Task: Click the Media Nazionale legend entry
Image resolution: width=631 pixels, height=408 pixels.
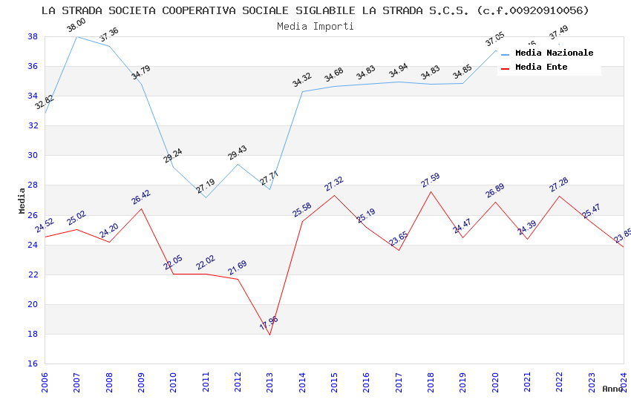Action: click(x=554, y=53)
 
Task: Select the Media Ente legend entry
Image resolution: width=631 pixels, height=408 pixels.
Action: click(x=541, y=68)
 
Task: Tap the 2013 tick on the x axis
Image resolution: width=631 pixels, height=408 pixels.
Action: click(x=270, y=379)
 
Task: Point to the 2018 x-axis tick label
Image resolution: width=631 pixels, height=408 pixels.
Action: click(x=431, y=379)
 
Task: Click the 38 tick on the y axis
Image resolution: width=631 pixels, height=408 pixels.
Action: click(x=33, y=36)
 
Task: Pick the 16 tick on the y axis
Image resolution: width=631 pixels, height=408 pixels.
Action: click(x=33, y=364)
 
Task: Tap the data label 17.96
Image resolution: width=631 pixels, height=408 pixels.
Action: click(x=269, y=323)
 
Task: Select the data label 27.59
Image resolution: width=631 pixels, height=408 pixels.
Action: click(x=431, y=180)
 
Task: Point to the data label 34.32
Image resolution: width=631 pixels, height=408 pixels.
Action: click(x=302, y=80)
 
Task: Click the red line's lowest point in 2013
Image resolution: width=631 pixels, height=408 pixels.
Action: click(x=269, y=335)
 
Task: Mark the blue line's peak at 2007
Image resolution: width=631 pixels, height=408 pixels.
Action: click(x=76, y=36)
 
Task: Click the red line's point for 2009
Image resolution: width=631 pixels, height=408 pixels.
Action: click(x=141, y=208)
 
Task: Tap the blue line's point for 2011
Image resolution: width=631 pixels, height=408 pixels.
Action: click(x=206, y=197)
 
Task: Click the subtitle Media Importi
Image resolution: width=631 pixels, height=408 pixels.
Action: click(x=315, y=26)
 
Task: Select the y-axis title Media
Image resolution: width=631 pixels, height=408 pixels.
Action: click(x=22, y=200)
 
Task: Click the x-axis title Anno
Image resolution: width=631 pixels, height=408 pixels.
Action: click(x=612, y=389)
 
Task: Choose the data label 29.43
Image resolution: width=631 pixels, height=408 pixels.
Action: click(x=238, y=153)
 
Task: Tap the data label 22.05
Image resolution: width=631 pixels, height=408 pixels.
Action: click(x=173, y=263)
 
